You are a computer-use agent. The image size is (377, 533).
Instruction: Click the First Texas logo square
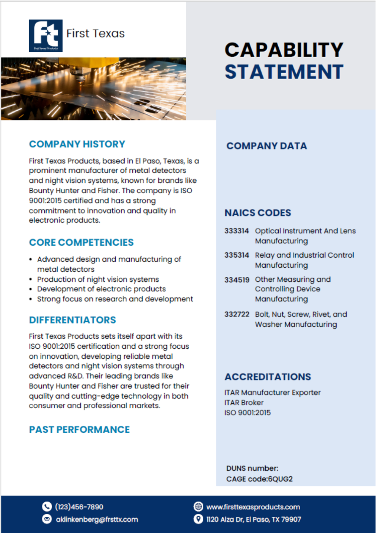tap(45, 36)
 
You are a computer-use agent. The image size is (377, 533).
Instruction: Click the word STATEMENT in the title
tap(284, 72)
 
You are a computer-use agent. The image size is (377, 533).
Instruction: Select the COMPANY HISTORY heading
tap(77, 144)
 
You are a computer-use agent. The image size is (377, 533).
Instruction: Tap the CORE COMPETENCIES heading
tap(81, 242)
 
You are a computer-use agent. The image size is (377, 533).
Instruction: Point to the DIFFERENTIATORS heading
tap(72, 320)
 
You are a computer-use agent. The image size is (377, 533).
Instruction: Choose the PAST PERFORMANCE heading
tap(79, 429)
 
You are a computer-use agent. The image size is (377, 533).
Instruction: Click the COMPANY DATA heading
tap(266, 146)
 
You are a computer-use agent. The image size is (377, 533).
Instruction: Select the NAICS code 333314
tap(237, 231)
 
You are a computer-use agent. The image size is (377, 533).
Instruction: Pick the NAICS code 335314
tap(237, 255)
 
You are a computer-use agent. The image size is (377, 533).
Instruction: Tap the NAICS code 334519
tap(237, 280)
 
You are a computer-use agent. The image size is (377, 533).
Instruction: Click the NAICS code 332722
tap(237, 314)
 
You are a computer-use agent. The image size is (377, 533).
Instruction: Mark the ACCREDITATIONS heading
tap(268, 377)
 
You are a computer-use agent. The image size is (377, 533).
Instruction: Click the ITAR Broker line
tap(244, 402)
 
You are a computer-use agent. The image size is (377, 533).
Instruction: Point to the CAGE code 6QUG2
tap(280, 479)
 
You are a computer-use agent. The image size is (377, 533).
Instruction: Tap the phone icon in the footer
tap(47, 506)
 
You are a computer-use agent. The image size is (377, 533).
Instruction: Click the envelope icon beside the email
tap(47, 519)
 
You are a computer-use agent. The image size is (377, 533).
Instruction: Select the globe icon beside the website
tap(198, 506)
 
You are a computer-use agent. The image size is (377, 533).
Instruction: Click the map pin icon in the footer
tap(198, 519)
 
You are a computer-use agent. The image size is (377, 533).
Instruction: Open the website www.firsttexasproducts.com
tap(253, 507)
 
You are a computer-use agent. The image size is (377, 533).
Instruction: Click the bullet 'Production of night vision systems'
tap(98, 279)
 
